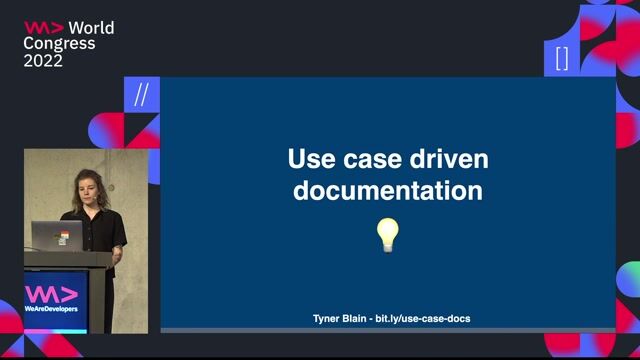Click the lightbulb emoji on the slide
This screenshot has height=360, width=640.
coord(387,235)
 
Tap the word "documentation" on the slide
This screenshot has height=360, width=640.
coord(387,190)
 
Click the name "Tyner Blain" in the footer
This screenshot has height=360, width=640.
coord(338,318)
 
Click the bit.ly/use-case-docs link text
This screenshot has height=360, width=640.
coord(422,318)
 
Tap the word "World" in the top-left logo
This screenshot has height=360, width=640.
coord(91,28)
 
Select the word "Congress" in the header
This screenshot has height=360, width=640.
coord(60,44)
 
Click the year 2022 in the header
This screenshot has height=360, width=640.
coord(43,60)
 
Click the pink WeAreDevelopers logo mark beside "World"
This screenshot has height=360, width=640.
coord(43,28)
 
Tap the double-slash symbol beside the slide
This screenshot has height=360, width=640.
coord(141,95)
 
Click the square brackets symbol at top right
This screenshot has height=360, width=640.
coord(561,58)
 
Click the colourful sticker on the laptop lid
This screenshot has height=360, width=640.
coord(63,238)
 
